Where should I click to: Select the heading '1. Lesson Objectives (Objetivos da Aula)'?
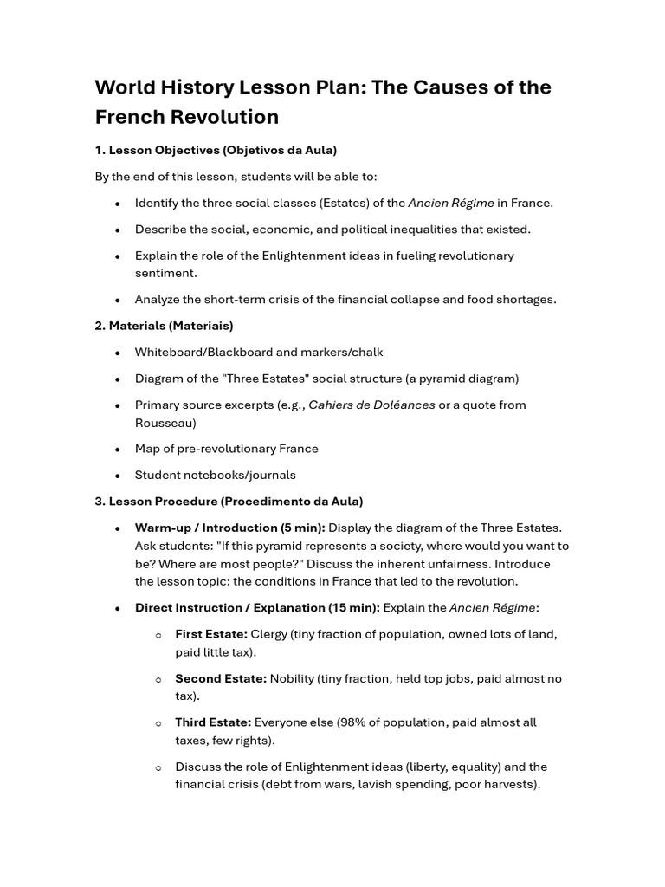[216, 150]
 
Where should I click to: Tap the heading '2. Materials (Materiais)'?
[164, 326]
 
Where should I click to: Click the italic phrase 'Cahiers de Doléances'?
[371, 405]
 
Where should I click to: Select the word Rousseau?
[165, 423]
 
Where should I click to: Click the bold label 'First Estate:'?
[211, 634]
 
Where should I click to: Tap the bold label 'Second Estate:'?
[221, 678]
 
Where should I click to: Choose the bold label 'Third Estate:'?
[213, 722]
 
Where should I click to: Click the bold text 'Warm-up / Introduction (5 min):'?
[230, 528]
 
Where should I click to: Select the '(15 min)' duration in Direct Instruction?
[353, 608]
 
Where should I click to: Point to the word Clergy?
[269, 634]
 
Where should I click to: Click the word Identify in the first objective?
[158, 203]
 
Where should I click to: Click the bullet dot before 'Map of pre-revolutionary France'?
[117, 449]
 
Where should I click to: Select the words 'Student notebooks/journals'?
[215, 475]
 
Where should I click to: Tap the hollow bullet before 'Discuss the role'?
[158, 767]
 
